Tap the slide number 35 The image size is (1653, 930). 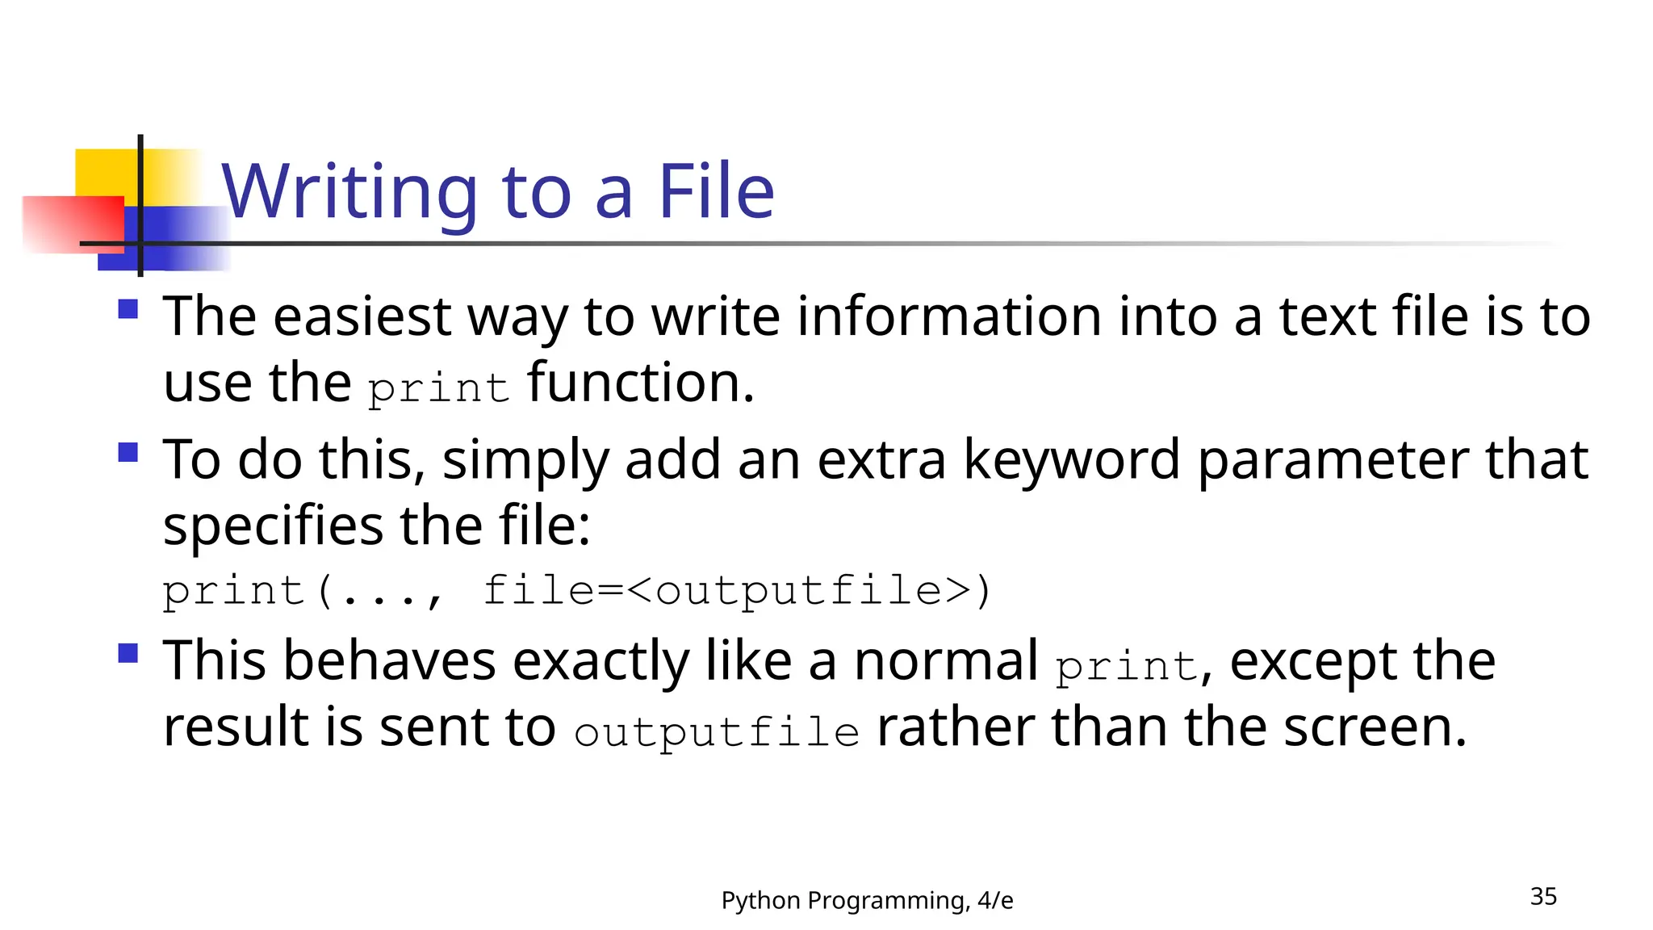coord(1543,896)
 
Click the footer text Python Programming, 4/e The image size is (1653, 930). coord(867,900)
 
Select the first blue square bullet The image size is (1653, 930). coord(128,309)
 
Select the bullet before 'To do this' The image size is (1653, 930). coord(128,452)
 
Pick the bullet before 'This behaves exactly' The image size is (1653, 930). coord(128,652)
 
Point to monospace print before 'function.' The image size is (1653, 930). coord(438,388)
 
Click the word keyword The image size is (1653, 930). coord(1072,460)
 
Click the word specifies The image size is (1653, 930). coord(273,526)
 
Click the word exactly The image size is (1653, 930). coord(601,661)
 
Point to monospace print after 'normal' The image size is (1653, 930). coord(1127,667)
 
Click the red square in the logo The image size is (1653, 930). coord(73,224)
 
